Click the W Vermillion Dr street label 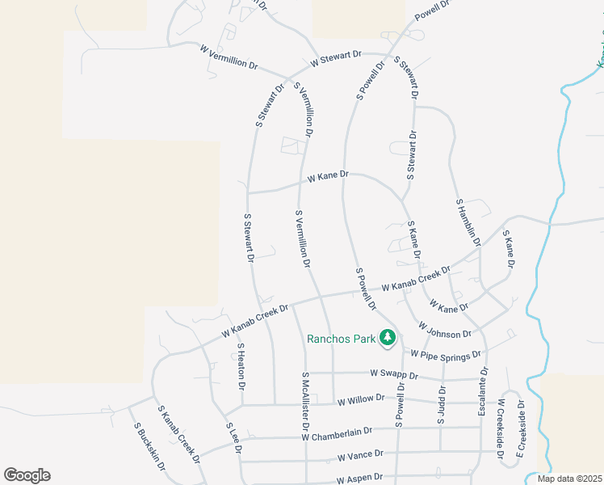(x=229, y=57)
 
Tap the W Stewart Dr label (x=335, y=58)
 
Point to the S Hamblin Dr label (x=468, y=223)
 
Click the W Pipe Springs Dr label (x=445, y=354)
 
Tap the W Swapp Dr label (x=394, y=375)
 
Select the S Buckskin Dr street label (x=149, y=447)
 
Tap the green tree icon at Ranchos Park (x=388, y=337)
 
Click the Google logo (x=27, y=475)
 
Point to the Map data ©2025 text (x=568, y=479)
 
